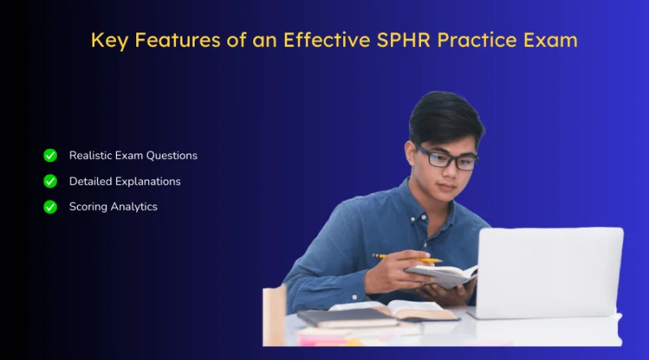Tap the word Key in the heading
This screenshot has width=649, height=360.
(x=110, y=41)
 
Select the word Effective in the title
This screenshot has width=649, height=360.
(x=327, y=41)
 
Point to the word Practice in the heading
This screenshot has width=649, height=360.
(x=477, y=41)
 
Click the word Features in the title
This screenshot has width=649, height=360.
(x=178, y=41)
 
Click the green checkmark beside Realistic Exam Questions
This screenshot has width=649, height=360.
(x=50, y=155)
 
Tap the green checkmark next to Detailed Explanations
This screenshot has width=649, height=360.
(x=50, y=181)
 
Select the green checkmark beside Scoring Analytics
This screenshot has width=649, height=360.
(x=50, y=207)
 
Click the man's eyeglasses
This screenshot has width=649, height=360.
(x=447, y=157)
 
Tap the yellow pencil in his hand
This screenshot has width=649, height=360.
(x=407, y=258)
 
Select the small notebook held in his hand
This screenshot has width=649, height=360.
(x=441, y=275)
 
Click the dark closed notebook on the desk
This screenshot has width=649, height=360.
(x=347, y=318)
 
